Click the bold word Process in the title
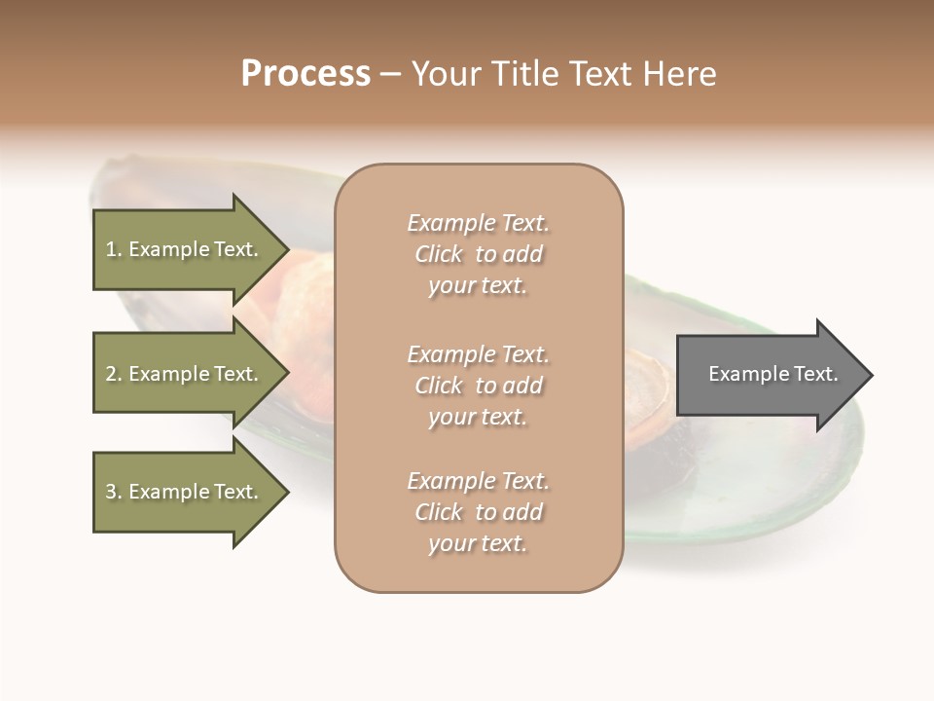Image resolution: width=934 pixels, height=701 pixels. (x=305, y=74)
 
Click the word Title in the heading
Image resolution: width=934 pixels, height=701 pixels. (x=523, y=74)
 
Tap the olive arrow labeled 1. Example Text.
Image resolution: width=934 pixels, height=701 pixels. (x=185, y=249)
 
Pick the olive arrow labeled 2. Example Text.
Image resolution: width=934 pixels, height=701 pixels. (x=185, y=374)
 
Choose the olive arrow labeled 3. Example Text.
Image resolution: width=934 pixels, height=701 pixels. (x=185, y=492)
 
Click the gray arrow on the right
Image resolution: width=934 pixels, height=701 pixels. (x=769, y=375)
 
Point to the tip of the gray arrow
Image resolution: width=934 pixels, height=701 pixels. (x=871, y=375)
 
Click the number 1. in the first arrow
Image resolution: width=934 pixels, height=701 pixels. (x=114, y=249)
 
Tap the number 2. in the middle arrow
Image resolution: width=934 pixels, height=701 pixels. (x=114, y=374)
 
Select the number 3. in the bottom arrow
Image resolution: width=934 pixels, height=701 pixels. (x=114, y=492)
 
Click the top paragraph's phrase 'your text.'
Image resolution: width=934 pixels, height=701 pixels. (x=478, y=286)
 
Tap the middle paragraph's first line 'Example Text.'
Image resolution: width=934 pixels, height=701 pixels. (x=478, y=354)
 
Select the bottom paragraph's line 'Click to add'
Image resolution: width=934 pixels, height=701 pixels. (x=478, y=512)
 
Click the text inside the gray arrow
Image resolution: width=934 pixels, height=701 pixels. (x=772, y=374)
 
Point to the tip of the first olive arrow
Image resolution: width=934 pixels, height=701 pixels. (x=287, y=249)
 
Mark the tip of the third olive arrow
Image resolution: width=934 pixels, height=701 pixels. (x=287, y=492)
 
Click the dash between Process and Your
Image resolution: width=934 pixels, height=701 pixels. (x=391, y=74)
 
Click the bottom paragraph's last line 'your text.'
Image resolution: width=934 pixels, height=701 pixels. (x=478, y=544)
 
